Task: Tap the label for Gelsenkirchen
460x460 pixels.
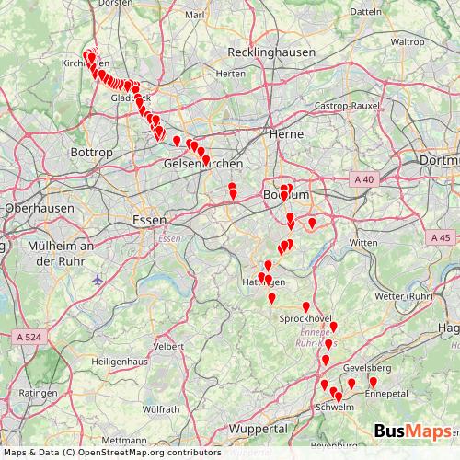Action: tap(202, 164)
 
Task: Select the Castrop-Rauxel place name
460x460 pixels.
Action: tap(341, 107)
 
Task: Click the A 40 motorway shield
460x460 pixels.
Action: tap(365, 179)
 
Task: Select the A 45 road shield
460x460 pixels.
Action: tap(439, 237)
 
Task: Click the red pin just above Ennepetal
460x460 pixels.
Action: tap(374, 382)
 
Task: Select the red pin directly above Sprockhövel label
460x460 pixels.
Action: tap(305, 306)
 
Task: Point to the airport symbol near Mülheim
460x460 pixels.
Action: tap(98, 279)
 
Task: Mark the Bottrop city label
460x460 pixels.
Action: tap(91, 151)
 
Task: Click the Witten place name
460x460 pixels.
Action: tap(363, 242)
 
